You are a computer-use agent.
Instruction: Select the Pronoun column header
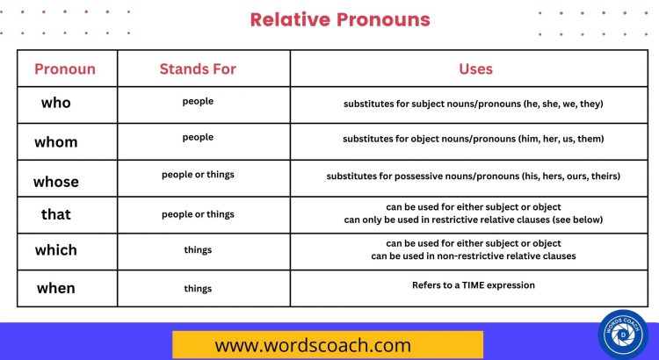coord(65,68)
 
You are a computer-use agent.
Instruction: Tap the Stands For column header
coord(198,68)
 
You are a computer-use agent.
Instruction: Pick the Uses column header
coord(475,68)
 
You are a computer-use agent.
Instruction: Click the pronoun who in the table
coord(56,103)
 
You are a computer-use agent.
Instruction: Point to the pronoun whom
coord(56,141)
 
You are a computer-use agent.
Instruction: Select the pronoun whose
coord(56,182)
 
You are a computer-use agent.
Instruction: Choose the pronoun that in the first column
coord(56,213)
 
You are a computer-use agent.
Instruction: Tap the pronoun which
coord(56,250)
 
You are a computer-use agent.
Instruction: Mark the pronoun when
coord(56,288)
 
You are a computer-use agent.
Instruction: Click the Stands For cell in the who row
coord(198,102)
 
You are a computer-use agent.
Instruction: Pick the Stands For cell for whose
coord(198,175)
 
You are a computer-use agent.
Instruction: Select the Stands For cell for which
coord(198,250)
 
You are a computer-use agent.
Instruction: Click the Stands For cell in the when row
coord(198,288)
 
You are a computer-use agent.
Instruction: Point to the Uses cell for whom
coord(473,139)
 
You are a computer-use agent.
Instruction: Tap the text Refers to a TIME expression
coord(473,285)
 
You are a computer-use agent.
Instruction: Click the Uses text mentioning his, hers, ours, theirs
coord(473,176)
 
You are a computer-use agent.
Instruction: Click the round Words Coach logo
coord(623,334)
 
